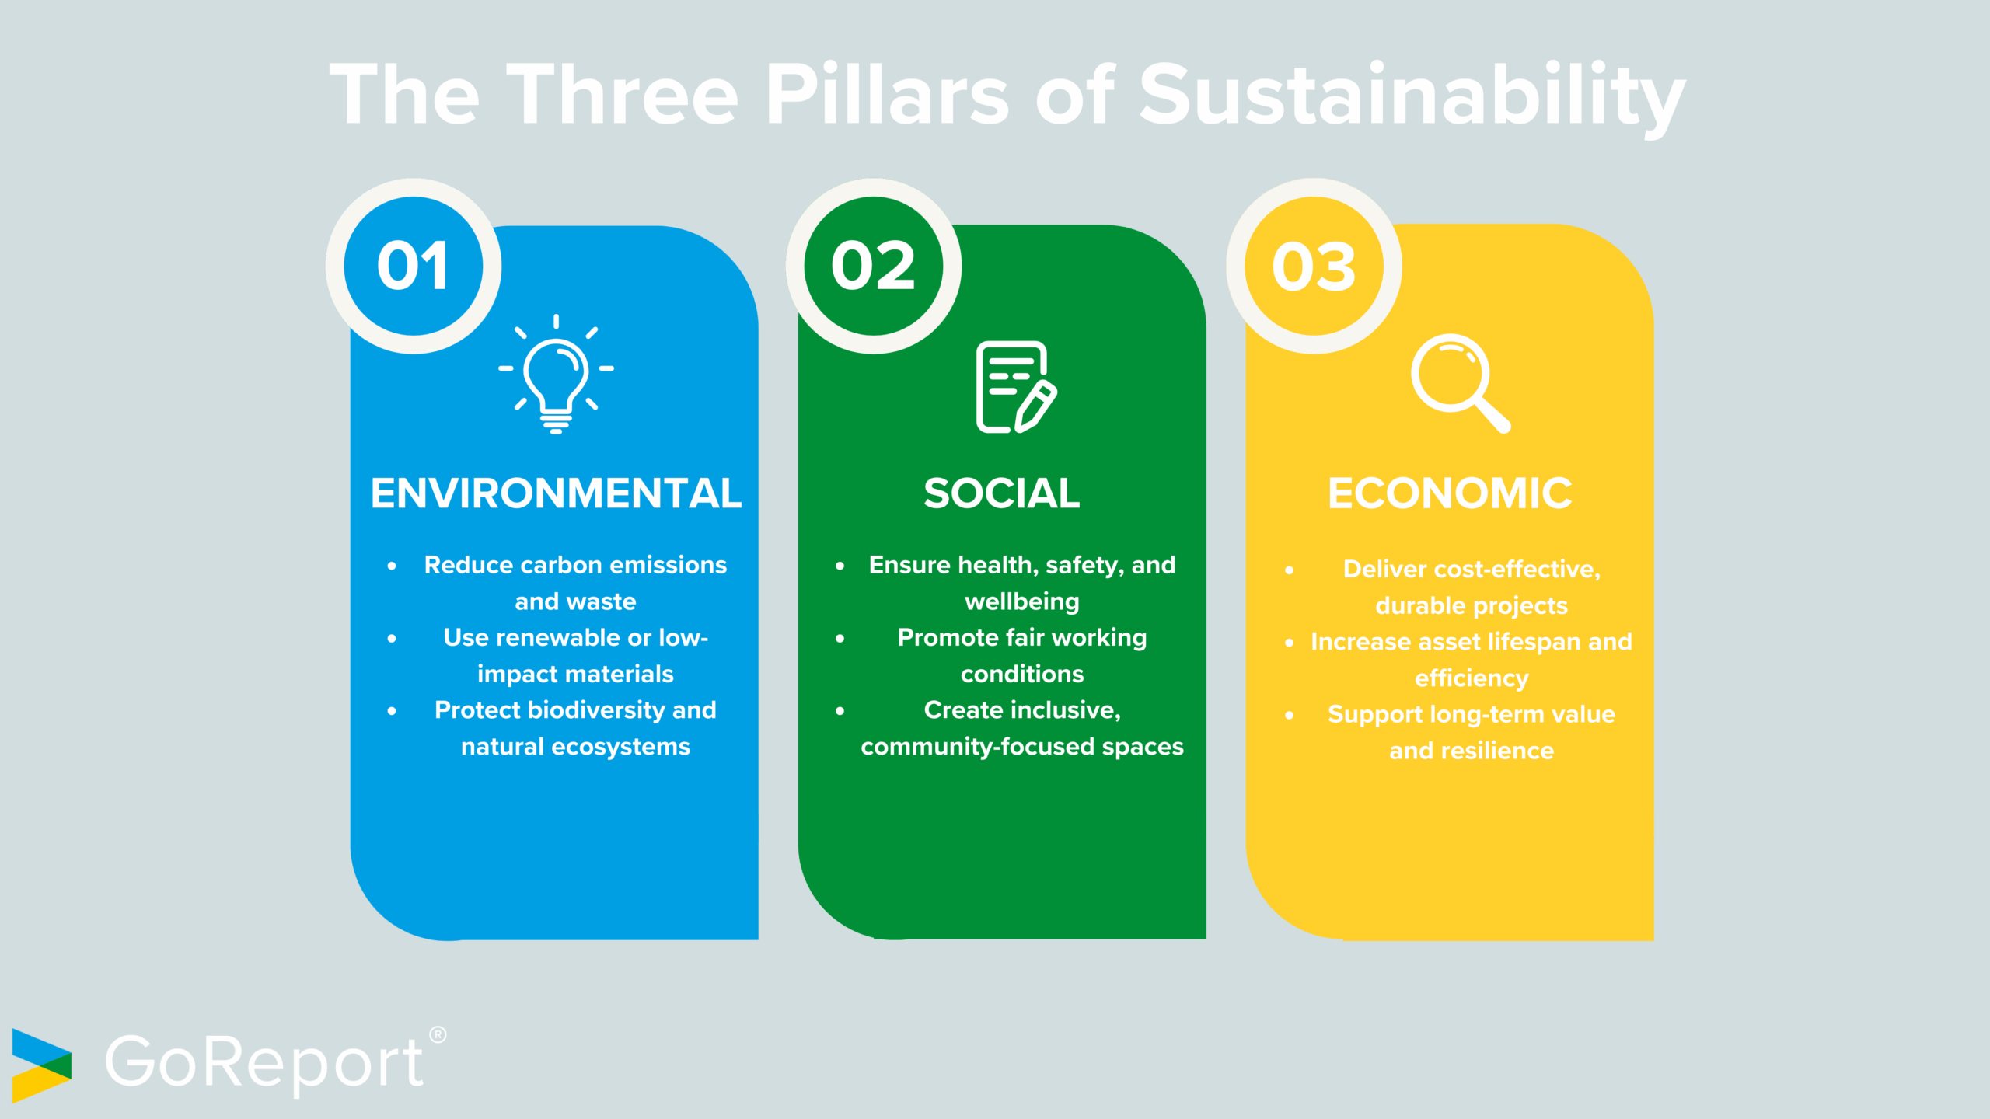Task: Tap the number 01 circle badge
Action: [414, 266]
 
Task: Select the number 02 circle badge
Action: [874, 266]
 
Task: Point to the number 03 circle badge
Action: [1314, 266]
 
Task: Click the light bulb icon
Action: [556, 375]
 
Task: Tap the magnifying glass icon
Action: [1460, 383]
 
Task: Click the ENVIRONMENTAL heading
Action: [556, 493]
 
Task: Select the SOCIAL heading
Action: [1001, 493]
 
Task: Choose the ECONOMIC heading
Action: [1450, 493]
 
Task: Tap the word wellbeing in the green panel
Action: [1022, 601]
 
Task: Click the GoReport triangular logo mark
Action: [40, 1065]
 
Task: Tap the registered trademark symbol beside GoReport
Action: [438, 1034]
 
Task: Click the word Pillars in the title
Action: [887, 95]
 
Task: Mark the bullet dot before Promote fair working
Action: [840, 639]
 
